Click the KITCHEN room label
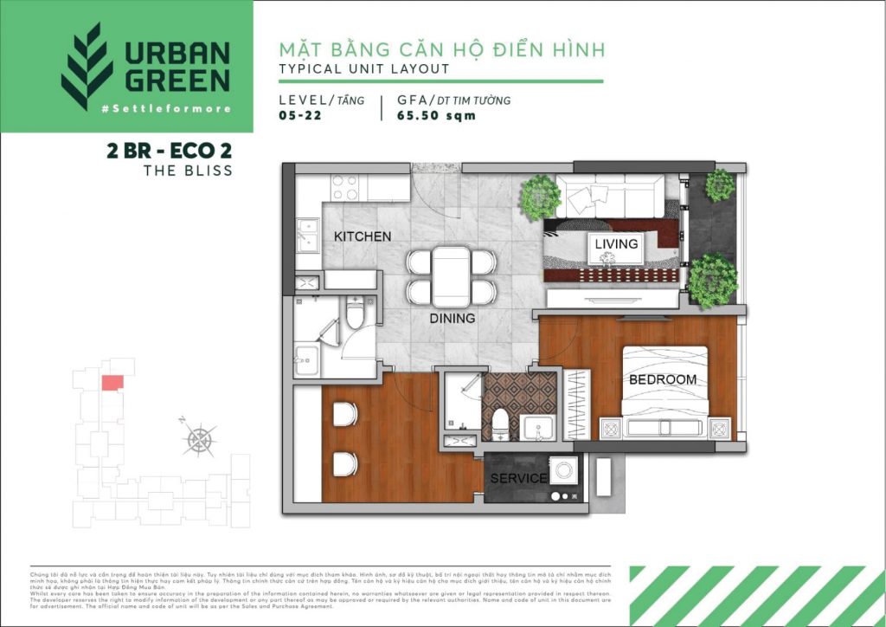pyautogui.click(x=363, y=236)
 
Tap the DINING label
pyautogui.click(x=453, y=319)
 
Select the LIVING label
pyautogui.click(x=616, y=244)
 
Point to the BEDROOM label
pyautogui.click(x=662, y=380)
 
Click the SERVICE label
pyautogui.click(x=518, y=478)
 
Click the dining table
pyautogui.click(x=452, y=275)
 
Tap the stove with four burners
pyautogui.click(x=345, y=188)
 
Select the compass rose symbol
pyautogui.click(x=200, y=439)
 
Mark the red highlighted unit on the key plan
pyautogui.click(x=112, y=382)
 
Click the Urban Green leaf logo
pyautogui.click(x=87, y=67)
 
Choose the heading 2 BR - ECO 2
pyautogui.click(x=169, y=151)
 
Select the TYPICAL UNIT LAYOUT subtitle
pyautogui.click(x=364, y=68)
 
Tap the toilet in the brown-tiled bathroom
pyautogui.click(x=499, y=424)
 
